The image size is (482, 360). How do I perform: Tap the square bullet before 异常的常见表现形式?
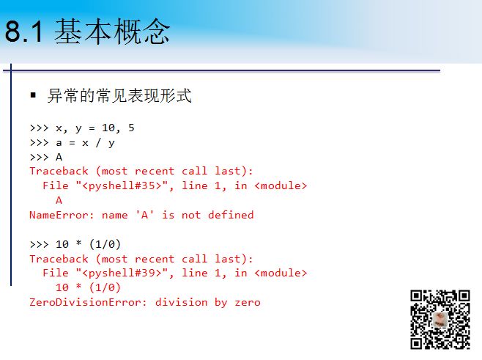(x=33, y=96)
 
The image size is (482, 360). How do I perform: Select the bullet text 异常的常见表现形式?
(x=119, y=96)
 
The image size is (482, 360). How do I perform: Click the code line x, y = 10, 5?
(x=94, y=128)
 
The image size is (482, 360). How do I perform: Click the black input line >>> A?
(x=45, y=157)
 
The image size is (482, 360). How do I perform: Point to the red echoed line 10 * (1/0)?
(x=88, y=287)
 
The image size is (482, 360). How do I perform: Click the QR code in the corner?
(x=440, y=320)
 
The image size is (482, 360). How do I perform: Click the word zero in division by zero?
(x=247, y=302)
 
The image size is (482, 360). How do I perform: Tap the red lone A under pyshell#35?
(x=59, y=200)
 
